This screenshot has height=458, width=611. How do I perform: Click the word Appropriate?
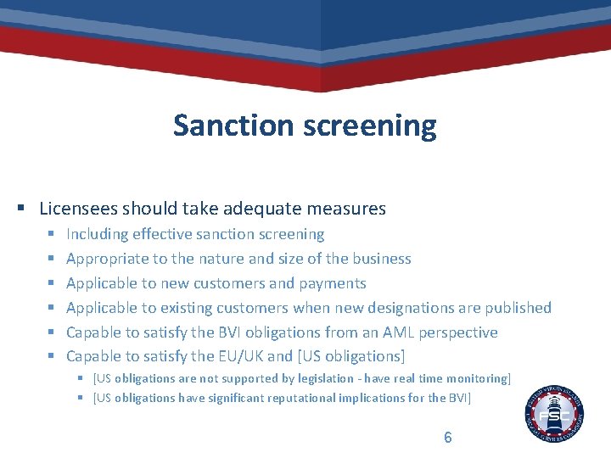[x=106, y=259]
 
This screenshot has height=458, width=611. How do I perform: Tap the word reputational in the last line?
[x=296, y=398]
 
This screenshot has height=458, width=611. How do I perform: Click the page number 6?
[x=448, y=438]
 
